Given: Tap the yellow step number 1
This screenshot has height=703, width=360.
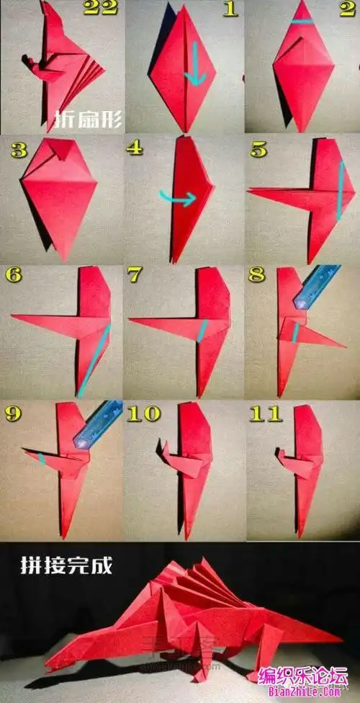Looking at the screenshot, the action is tap(230, 9).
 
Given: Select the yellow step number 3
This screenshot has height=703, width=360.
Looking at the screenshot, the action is tap(19, 151).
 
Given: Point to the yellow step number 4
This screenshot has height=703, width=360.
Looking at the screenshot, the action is tap(135, 148).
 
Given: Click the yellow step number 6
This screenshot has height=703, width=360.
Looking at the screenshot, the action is tap(14, 275).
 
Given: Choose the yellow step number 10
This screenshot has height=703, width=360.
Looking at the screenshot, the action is tap(143, 414).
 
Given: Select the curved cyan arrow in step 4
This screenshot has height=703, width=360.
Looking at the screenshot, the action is tap(178, 197).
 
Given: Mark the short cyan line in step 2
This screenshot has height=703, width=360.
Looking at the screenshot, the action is tap(301, 21).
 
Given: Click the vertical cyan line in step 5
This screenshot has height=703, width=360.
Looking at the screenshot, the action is tap(341, 191).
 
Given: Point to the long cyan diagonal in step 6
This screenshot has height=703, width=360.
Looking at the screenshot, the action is tap(94, 361).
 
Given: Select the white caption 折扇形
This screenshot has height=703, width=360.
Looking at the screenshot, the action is tap(88, 120).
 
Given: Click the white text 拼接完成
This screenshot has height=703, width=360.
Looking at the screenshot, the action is tap(66, 566).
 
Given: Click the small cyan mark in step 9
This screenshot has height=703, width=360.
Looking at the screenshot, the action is tap(41, 459).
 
